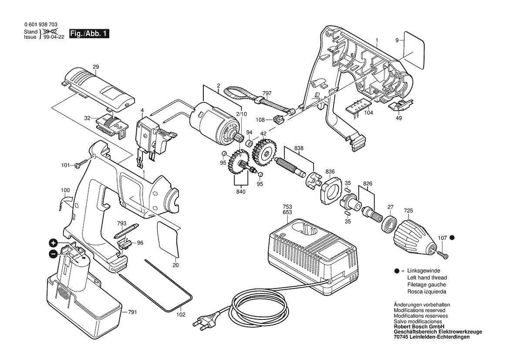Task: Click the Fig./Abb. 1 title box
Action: pos(89,34)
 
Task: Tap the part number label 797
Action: pos(267,93)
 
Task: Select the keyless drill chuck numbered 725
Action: pos(414,235)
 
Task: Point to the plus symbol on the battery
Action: pos(53,243)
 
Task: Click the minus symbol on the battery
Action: pos(53,254)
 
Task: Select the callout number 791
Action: pos(132,312)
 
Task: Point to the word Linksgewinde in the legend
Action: pos(424,271)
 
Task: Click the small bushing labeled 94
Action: pos(249,143)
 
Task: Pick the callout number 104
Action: pos(369,112)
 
